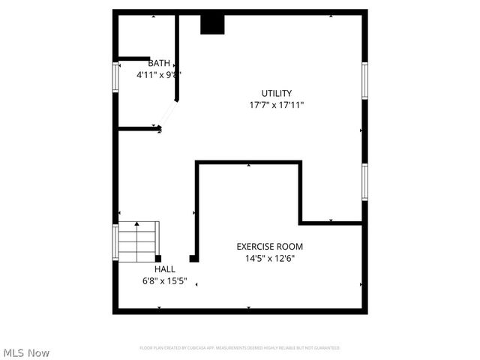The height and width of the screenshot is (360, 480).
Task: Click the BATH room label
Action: click(159, 63)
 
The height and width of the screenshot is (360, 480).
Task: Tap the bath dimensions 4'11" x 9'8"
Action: click(159, 75)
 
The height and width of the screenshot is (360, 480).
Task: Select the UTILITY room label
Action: click(276, 94)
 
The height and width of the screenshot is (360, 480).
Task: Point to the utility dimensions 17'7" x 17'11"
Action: click(276, 106)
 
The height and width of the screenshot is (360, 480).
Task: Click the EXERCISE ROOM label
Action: click(270, 246)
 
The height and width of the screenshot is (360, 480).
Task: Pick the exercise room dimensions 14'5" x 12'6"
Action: click(270, 259)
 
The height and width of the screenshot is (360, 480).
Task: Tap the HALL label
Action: click(165, 269)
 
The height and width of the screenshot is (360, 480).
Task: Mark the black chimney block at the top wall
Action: click(212, 24)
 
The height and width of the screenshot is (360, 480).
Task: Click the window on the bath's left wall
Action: click(116, 77)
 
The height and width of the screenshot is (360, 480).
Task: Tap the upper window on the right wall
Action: click(364, 80)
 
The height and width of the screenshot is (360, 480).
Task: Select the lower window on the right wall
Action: click(364, 181)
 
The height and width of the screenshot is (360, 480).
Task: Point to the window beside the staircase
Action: click(116, 242)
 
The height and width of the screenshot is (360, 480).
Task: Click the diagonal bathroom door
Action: click(168, 114)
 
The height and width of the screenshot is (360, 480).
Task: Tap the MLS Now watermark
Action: click(27, 352)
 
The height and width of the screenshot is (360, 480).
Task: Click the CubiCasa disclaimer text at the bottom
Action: click(240, 348)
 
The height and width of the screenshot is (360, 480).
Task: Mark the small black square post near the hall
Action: click(193, 259)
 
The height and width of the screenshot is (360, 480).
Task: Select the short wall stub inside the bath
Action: click(134, 58)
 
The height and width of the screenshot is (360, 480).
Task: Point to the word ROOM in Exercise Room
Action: click(290, 246)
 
